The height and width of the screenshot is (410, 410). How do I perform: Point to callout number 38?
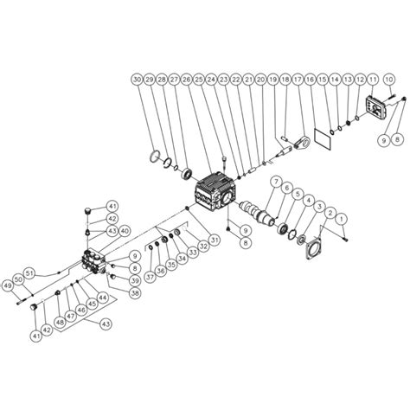coord(135,291)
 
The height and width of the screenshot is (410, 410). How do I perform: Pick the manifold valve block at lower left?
coord(94,259)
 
